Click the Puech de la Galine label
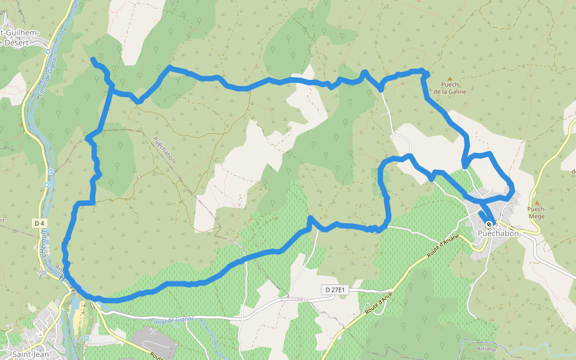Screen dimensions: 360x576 pos(449,88)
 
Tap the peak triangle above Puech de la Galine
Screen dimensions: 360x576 pos(449,79)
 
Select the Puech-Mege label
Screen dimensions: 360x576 pos(536,212)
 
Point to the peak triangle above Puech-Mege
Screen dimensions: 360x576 pos(536,203)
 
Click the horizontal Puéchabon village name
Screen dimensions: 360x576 pos(498,233)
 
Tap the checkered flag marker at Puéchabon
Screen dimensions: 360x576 pos(490,224)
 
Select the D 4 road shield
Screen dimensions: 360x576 pos(40,223)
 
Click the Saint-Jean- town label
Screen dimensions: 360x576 pos(31,354)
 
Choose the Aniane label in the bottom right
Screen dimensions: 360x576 pos(486,348)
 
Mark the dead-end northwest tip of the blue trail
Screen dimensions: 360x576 pos(93,59)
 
